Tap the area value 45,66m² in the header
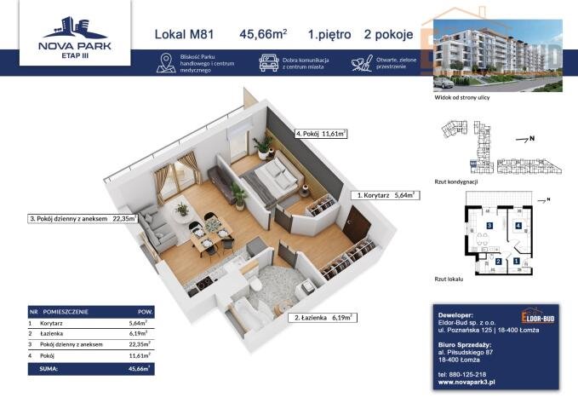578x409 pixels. pyautogui.click(x=263, y=34)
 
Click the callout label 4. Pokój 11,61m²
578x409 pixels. pyautogui.click(x=322, y=134)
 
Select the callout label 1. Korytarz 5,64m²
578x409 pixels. pyautogui.click(x=386, y=195)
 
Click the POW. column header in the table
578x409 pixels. pyautogui.click(x=145, y=312)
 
